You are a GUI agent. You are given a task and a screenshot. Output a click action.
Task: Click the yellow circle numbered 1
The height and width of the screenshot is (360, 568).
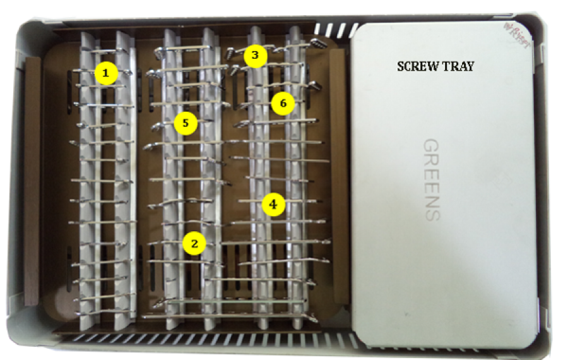point(107,74)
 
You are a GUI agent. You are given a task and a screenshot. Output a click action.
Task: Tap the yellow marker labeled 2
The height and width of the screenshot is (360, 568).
point(194,243)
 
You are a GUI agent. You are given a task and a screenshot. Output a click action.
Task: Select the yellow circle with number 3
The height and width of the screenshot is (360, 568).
point(255,56)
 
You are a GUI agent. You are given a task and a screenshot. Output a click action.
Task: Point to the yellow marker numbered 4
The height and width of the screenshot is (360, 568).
point(273,204)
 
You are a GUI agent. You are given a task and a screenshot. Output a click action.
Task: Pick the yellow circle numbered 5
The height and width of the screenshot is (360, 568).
point(186,123)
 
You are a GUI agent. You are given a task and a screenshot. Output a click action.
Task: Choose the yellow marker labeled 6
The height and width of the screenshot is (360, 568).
point(283,103)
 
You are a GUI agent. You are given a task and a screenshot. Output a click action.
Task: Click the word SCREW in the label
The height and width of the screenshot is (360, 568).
point(418,66)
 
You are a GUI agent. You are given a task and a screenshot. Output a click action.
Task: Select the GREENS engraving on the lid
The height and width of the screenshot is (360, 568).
point(431,179)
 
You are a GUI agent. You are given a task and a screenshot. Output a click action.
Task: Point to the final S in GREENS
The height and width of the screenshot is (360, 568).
point(431,213)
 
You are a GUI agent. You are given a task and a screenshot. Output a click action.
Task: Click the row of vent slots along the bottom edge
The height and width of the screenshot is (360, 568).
point(208,338)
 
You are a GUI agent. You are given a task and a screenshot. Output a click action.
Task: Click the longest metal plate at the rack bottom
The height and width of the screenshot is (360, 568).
point(227,314)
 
